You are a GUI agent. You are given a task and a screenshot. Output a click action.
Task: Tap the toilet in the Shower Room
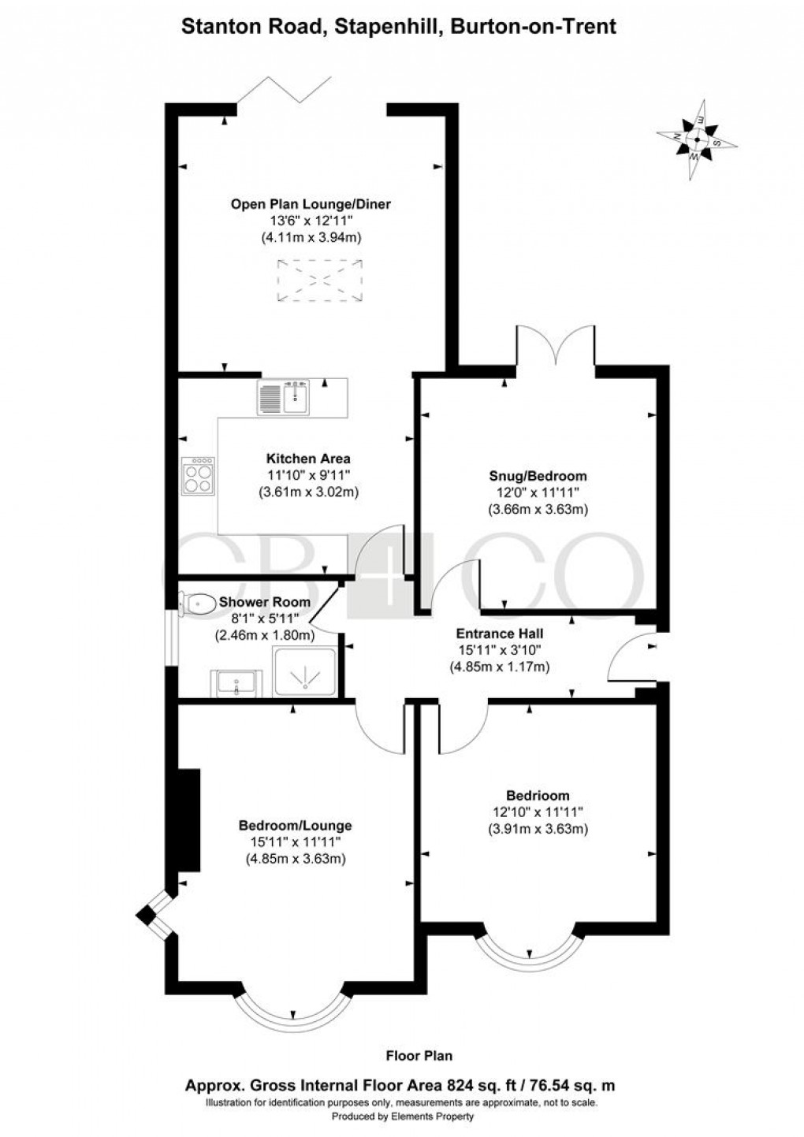pyautogui.click(x=196, y=604)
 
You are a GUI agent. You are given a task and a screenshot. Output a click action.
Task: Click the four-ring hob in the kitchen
pyautogui.click(x=197, y=476)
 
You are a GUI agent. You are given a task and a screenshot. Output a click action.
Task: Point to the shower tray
pyautogui.click(x=304, y=672)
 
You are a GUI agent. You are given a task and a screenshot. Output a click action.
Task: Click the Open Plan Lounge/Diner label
pyautogui.click(x=310, y=204)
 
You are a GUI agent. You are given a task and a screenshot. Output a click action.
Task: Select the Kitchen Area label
pyautogui.click(x=307, y=458)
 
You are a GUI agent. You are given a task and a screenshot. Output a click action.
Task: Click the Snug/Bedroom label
pyautogui.click(x=538, y=476)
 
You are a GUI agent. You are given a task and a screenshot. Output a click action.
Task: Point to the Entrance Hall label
pyautogui.click(x=500, y=633)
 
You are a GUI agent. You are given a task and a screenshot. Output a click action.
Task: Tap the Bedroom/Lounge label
pyautogui.click(x=295, y=826)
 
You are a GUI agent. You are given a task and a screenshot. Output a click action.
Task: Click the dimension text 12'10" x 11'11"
pyautogui.click(x=538, y=812)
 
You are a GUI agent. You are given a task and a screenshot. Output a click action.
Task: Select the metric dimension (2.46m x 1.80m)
pyautogui.click(x=265, y=634)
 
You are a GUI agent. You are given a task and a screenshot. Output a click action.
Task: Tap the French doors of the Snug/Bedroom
pyautogui.click(x=556, y=348)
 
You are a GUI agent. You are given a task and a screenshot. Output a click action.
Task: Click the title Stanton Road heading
pyautogui.click(x=399, y=27)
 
